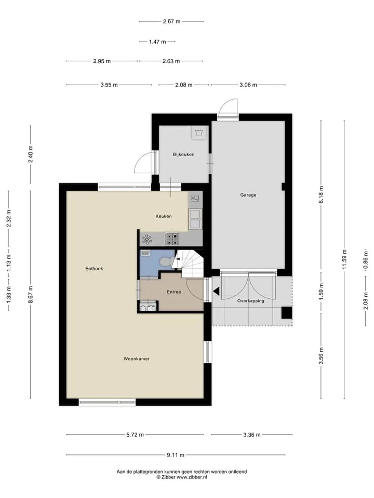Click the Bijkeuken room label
pos(183,155)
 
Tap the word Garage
pos(248,195)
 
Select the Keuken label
pos(164,216)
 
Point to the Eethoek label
pos(94,268)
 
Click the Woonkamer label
pos(137,358)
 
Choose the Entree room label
pos(173,292)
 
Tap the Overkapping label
pos(250,301)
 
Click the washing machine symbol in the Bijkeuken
pos(199,132)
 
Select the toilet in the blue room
pos(165,261)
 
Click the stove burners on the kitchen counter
pos(172,239)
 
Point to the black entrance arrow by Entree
pos(216,291)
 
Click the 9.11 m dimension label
pos(176,455)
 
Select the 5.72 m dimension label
pos(135,435)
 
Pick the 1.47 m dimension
pos(157,41)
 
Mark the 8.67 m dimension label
pos(31,295)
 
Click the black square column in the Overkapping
pos(287,313)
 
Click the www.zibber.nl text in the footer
pos(192,477)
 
